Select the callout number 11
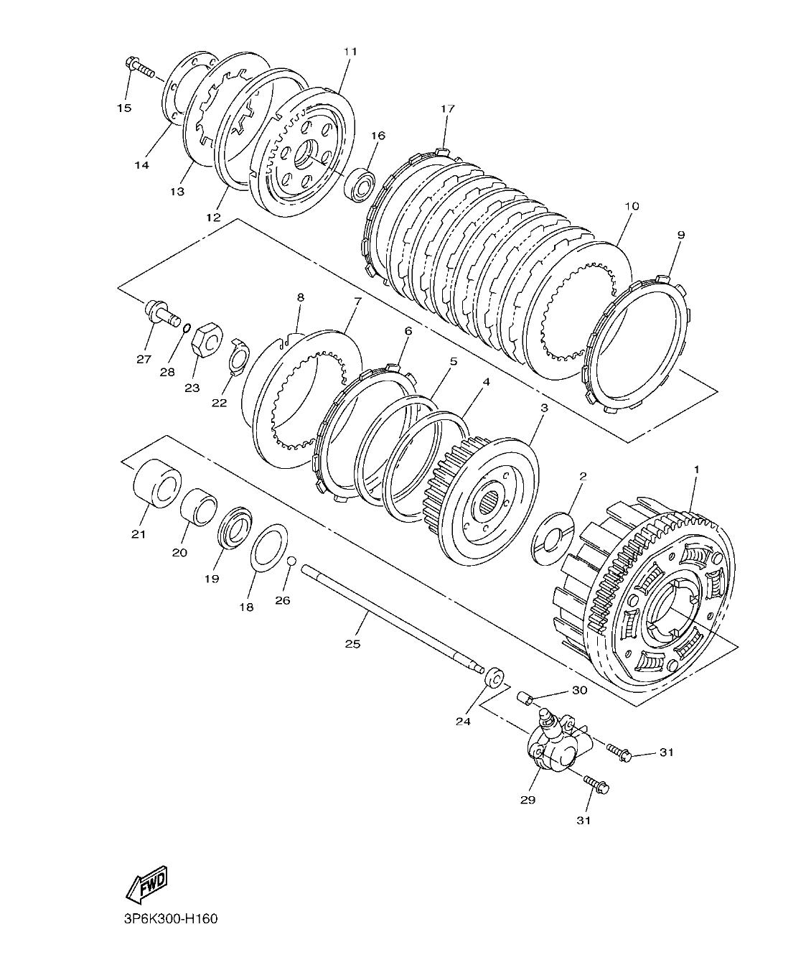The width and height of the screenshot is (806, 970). point(350,52)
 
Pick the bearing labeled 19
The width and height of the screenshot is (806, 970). point(234,528)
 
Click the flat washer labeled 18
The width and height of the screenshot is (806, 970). point(269,548)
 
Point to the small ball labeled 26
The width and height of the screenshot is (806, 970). point(291,561)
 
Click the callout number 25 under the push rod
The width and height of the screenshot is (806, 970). point(352,643)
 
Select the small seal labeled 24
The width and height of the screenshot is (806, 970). point(493,677)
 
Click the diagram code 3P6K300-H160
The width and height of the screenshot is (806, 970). point(165,919)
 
